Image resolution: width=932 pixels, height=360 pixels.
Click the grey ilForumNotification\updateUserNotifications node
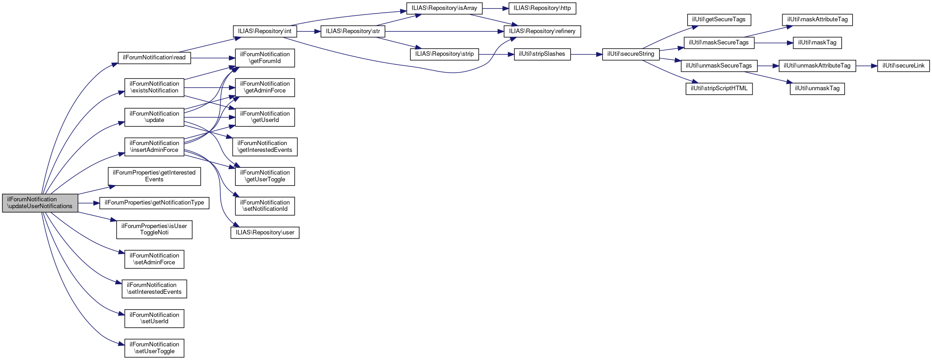pos(40,203)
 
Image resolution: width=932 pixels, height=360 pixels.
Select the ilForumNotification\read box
pos(154,58)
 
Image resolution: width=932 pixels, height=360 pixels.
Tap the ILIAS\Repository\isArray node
pos(444,8)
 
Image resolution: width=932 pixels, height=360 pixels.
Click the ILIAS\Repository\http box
pos(542,8)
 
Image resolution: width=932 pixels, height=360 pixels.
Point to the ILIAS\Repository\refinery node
pos(542,31)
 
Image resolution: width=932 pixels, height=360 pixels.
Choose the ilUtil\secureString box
pos(631,54)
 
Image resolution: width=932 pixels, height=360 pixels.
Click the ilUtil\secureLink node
pos(903,66)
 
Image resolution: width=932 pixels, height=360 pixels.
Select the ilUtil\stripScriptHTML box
pos(719,88)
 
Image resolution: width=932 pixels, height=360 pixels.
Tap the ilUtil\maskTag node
pos(817,43)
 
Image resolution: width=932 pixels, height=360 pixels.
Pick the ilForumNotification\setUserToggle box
pos(154,348)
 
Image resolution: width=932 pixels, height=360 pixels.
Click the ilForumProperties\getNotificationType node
pos(154,203)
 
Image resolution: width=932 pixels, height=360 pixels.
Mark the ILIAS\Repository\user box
pos(265,233)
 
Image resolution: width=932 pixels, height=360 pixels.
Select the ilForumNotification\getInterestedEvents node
pos(265,146)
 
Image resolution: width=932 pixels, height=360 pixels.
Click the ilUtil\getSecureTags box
pos(719,19)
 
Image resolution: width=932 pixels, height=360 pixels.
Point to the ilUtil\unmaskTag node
pos(817,88)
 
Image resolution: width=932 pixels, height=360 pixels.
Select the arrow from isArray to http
pos(495,8)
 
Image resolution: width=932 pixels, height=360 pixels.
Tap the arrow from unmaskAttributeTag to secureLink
pos(866,66)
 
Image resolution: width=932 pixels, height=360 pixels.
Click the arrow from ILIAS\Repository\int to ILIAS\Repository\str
pos(309,31)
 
